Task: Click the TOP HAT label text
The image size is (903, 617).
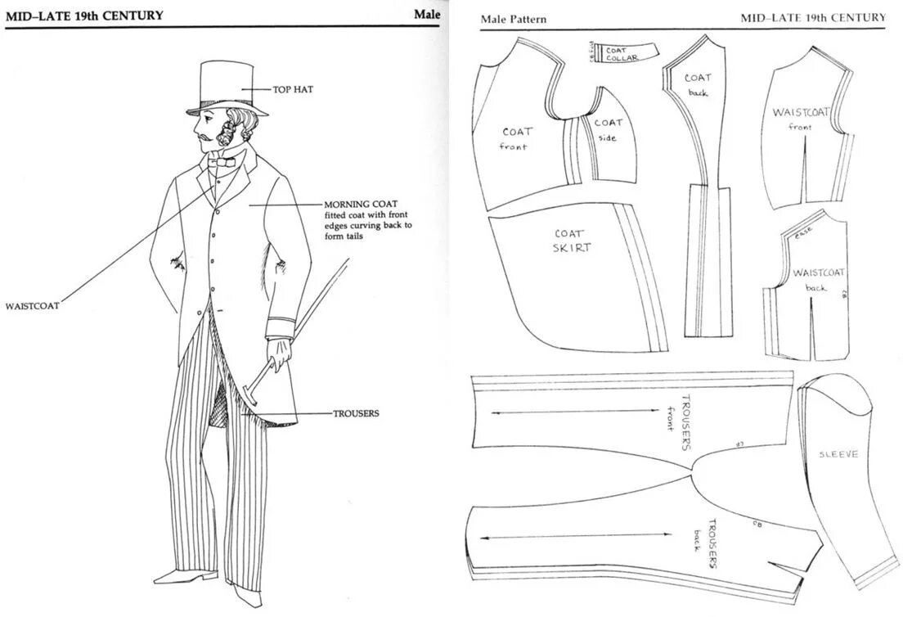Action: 294,88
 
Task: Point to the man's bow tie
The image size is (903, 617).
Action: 222,164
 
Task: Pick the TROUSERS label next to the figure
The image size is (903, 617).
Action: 356,414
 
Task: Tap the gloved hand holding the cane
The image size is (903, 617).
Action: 279,354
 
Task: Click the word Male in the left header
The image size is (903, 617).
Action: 426,14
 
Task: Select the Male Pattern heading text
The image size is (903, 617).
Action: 514,19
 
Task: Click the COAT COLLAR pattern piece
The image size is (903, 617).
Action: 623,52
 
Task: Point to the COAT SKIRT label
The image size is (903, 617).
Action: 571,240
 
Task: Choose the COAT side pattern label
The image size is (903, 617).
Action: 608,129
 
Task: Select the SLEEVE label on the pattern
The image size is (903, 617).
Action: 838,453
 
